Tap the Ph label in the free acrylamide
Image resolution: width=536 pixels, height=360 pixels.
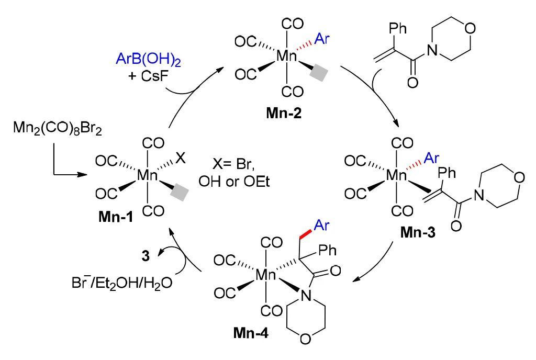tap(398, 29)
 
